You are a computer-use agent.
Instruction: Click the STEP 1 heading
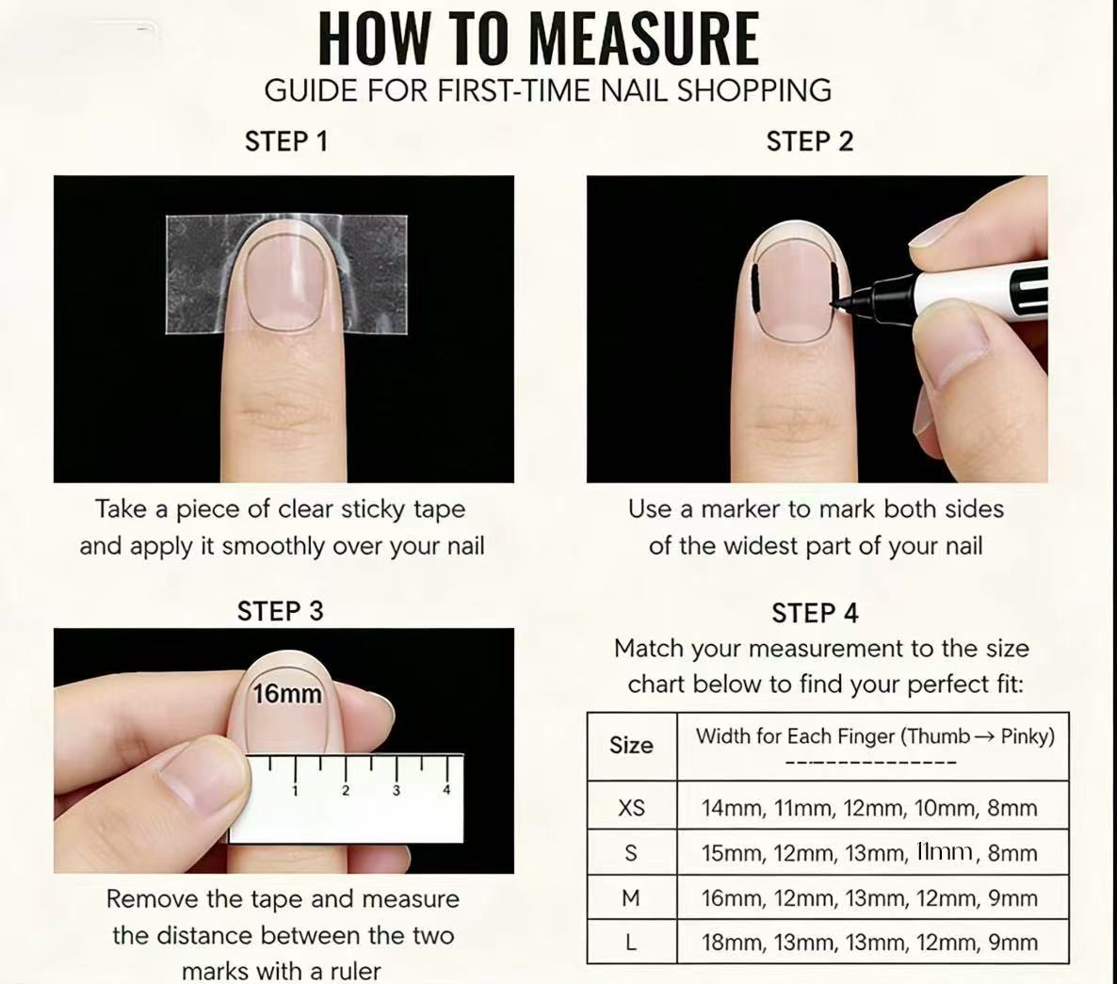[286, 141]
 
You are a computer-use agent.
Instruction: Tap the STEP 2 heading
[809, 141]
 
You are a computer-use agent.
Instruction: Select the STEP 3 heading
[280, 611]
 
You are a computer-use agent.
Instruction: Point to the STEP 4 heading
[815, 612]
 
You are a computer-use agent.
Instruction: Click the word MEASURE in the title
[644, 40]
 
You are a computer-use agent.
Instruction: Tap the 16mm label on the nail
[287, 693]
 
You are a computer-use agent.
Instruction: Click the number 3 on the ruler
[397, 790]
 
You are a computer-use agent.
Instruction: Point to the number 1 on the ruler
[295, 790]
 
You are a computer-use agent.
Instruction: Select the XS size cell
[631, 807]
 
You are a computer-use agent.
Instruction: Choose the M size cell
[631, 898]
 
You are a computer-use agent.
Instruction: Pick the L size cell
[631, 943]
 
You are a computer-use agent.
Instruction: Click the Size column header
[631, 745]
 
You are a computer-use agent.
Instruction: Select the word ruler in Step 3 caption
[355, 971]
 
